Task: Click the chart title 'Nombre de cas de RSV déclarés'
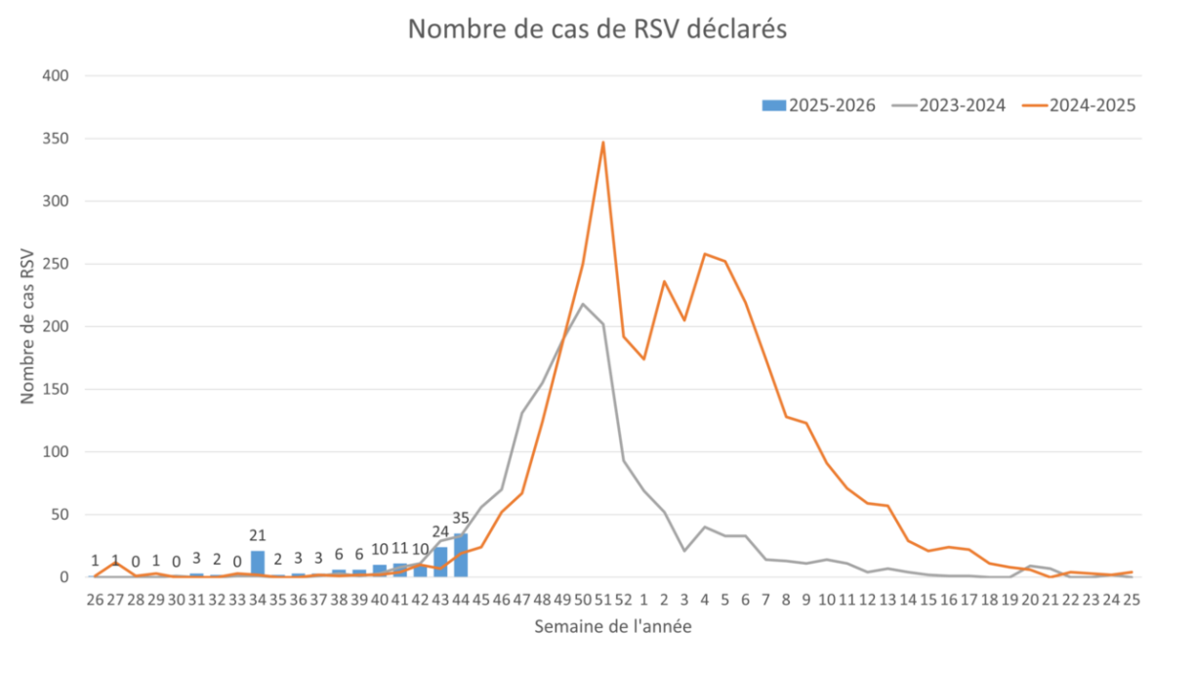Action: point(597,30)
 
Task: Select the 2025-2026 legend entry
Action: point(818,105)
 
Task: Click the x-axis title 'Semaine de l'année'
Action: point(612,627)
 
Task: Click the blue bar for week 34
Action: point(258,563)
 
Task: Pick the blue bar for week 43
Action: point(440,561)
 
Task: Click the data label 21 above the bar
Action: point(258,535)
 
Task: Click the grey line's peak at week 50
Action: point(583,304)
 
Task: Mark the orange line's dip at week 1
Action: point(643,359)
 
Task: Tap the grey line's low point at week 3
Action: point(684,551)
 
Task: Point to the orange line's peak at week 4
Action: point(705,254)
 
